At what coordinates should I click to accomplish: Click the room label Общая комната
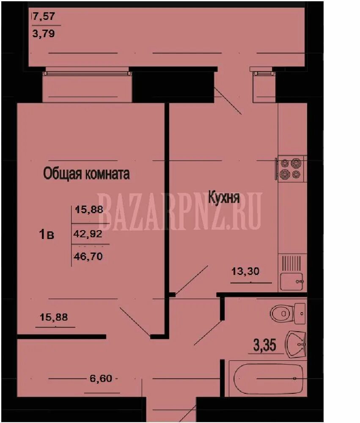[x=86, y=174]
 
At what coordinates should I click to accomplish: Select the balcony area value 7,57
[x=44, y=17]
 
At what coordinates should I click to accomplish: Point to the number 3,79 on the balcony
[x=44, y=33]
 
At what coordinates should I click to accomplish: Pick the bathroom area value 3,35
[x=265, y=345]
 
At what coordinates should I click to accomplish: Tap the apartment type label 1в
[x=47, y=234]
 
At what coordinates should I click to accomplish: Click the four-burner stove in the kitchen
[x=290, y=168]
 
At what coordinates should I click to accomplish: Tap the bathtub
[x=267, y=378]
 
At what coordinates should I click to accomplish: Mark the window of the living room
[x=88, y=73]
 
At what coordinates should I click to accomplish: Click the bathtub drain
[x=295, y=378]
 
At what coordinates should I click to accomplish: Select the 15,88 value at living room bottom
[x=54, y=317]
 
